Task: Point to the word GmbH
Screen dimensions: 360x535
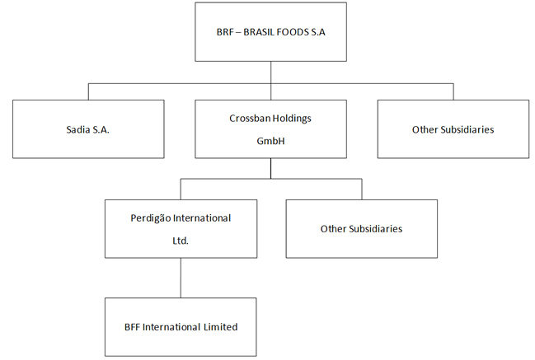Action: (x=270, y=141)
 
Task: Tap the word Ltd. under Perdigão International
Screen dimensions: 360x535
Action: (x=181, y=241)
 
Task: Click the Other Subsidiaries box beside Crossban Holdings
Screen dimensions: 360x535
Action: (x=453, y=129)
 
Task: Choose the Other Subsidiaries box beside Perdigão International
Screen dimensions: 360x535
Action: (x=361, y=228)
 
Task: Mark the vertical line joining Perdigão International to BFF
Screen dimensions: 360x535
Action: (x=181, y=278)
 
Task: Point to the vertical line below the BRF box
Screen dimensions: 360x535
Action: (x=270, y=72)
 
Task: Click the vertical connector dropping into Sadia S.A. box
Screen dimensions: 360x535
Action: (x=89, y=91)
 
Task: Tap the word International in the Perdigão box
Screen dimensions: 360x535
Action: (x=199, y=217)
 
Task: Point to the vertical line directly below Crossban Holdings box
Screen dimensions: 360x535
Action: (x=270, y=167)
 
